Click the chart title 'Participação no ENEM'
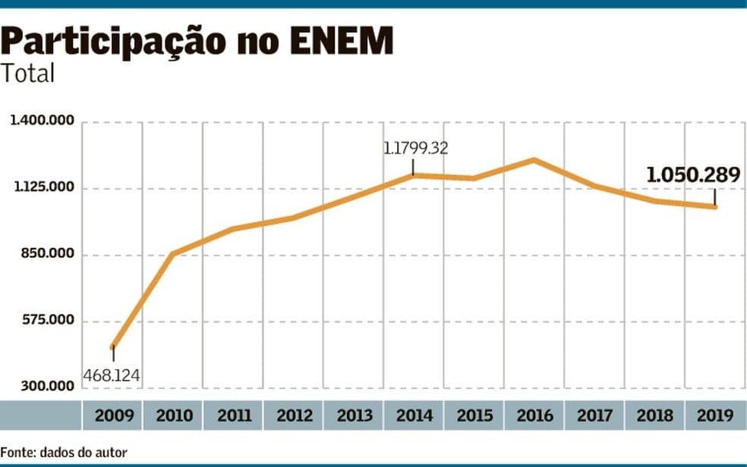click(197, 42)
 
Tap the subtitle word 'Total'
click(28, 74)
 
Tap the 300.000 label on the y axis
click(46, 387)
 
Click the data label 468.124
click(112, 375)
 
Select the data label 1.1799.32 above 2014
click(415, 149)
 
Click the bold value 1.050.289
click(692, 175)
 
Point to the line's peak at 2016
click(534, 160)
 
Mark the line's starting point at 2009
click(112, 348)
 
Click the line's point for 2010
click(173, 254)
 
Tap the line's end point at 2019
click(715, 206)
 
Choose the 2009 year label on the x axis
click(112, 415)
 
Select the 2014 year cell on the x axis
click(414, 415)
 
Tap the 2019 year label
click(714, 415)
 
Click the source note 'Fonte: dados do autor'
click(64, 453)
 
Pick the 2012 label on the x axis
click(294, 415)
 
